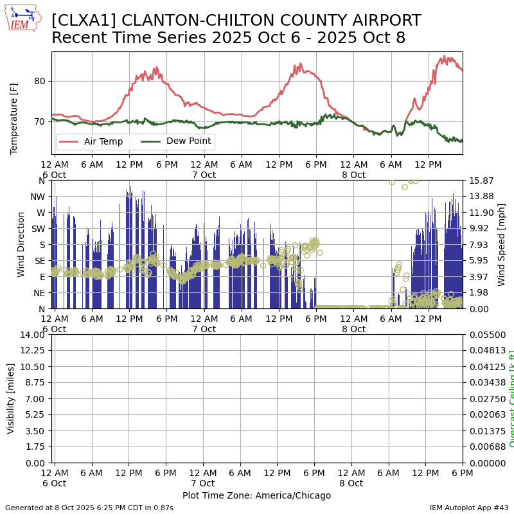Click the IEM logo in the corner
pyautogui.click(x=22, y=18)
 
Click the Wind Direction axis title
pyautogui.click(x=21, y=244)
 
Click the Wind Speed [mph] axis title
pyautogui.click(x=502, y=244)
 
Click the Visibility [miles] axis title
pyautogui.click(x=11, y=398)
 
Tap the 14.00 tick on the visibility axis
pyautogui.click(x=33, y=335)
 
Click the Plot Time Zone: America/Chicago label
pyautogui.click(x=256, y=495)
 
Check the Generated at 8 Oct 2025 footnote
pyautogui.click(x=89, y=508)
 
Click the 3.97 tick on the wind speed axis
pyautogui.click(x=481, y=277)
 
